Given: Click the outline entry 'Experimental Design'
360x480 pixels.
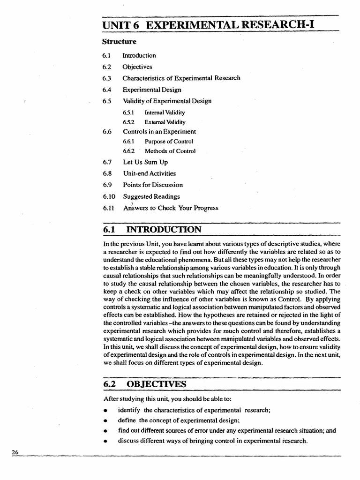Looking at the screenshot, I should coord(152,90).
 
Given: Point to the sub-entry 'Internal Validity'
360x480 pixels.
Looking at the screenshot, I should coord(165,112).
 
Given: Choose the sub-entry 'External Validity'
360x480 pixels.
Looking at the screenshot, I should coord(165,122).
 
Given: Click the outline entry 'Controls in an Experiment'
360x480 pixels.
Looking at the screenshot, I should coord(159,132).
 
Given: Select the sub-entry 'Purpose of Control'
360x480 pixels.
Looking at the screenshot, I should coord(169,142).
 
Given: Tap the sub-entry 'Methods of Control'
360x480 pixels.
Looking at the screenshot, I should coord(170,151).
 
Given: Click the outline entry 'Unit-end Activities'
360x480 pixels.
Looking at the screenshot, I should coord(150,173).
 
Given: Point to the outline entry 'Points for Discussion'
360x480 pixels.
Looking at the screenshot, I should coord(153,185).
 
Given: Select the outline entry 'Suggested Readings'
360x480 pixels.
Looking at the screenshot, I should coord(151,196).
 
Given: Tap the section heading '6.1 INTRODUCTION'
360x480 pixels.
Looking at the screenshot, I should coord(152,230).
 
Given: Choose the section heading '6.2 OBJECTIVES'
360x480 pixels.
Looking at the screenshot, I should coord(145,384).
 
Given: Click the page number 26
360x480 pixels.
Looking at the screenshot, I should coord(14,452).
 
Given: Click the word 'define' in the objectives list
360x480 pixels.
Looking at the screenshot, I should coord(126,420).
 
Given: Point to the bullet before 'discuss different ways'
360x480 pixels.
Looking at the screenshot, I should coord(106,441).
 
